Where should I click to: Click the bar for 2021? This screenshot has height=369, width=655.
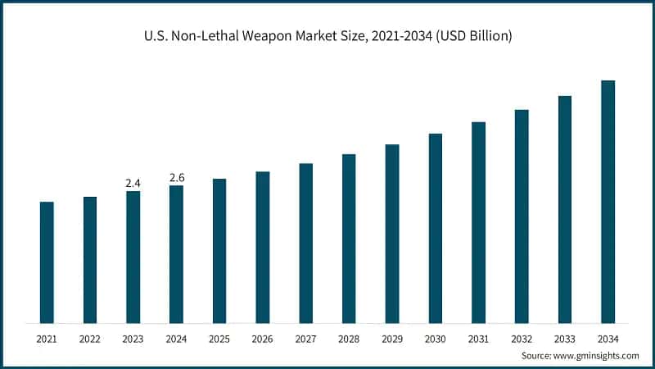pos(47,262)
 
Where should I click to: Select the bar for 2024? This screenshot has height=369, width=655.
pos(176,254)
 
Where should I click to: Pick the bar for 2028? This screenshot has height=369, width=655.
pos(349,239)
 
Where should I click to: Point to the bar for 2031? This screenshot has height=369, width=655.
pos(478,222)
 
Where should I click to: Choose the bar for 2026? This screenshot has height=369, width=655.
pos(263,247)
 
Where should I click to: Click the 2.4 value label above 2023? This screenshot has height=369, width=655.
pos(133,183)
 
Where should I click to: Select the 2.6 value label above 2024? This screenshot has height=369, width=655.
pos(176,177)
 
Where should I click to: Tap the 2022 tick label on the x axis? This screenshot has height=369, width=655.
pos(90,338)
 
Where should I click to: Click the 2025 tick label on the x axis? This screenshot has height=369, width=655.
pos(219,338)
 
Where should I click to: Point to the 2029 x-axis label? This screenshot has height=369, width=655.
pos(392,338)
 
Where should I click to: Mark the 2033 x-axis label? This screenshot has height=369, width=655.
pos(565,338)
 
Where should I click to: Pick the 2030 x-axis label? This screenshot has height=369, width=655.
pos(435,338)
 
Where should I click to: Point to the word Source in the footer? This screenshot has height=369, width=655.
pos(538,356)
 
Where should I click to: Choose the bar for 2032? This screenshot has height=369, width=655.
pos(522,216)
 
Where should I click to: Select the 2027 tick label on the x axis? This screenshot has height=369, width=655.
pos(305,338)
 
